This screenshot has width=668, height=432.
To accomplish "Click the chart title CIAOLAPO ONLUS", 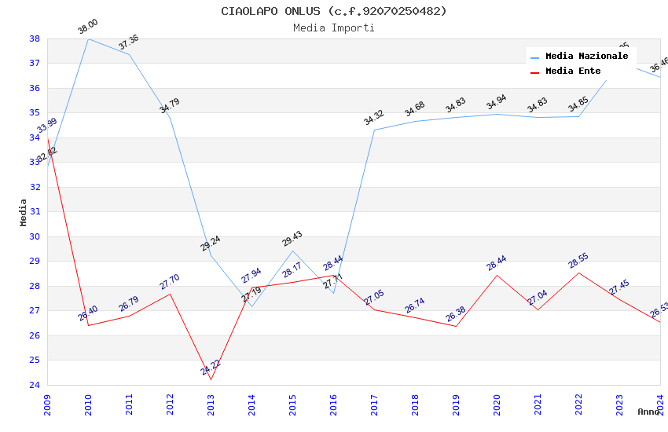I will [333, 11].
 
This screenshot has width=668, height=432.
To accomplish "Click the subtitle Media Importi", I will [333, 28].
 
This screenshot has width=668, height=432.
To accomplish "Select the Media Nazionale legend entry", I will [586, 57].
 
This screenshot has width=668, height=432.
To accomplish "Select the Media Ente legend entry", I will [573, 71].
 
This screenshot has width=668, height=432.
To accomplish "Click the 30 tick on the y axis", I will [35, 236].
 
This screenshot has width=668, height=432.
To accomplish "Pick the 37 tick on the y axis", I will [35, 63].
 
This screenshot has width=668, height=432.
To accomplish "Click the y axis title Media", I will [23, 212].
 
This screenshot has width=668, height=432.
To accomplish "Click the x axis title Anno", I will [648, 412].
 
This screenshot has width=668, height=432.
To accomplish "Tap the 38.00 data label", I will [88, 27].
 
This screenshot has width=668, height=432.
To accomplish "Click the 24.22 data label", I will [211, 367].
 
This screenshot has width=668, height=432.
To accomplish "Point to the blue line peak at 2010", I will [88, 38].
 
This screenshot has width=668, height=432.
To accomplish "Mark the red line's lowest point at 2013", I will [211, 379].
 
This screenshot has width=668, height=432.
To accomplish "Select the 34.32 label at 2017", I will [374, 119].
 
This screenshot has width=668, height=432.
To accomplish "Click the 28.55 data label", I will [578, 261].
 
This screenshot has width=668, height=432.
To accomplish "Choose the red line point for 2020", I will [497, 275].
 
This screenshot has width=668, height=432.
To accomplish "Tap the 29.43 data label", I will [292, 239].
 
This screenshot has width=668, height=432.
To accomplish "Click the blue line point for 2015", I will [292, 251].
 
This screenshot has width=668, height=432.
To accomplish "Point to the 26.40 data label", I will [88, 313].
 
